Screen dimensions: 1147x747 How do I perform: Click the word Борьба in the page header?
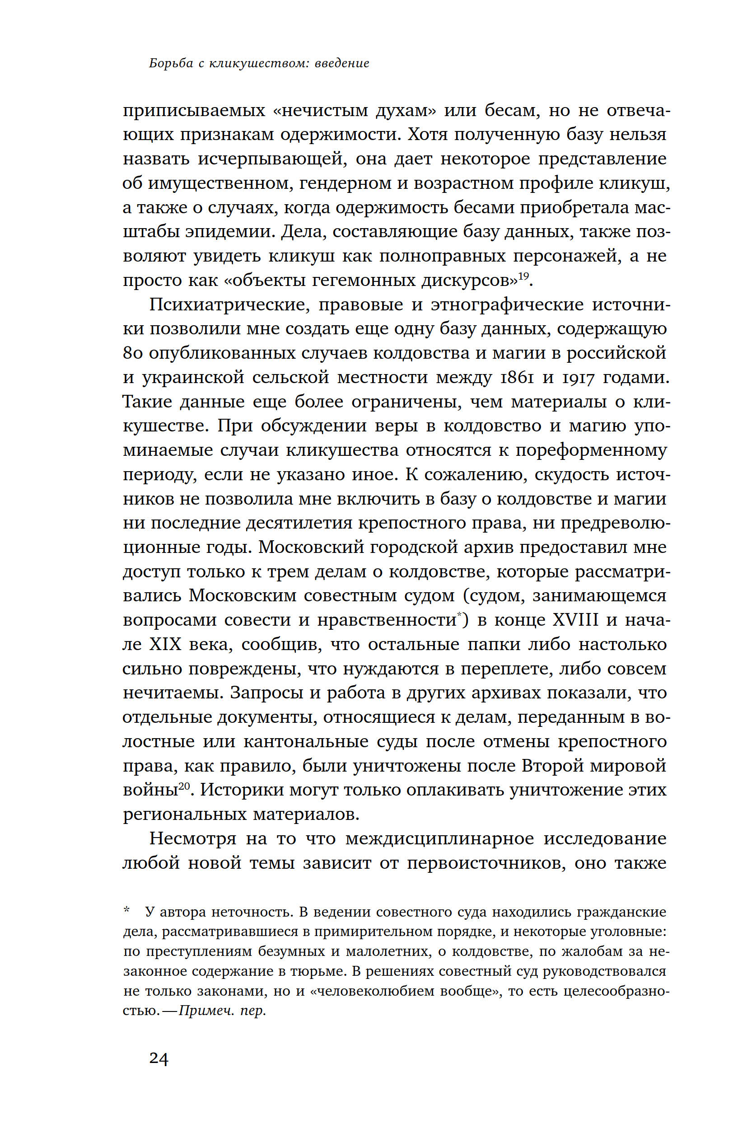[171, 63]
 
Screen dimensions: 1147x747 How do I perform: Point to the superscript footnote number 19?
[523, 276]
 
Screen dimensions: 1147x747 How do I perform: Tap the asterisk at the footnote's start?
[127, 910]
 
